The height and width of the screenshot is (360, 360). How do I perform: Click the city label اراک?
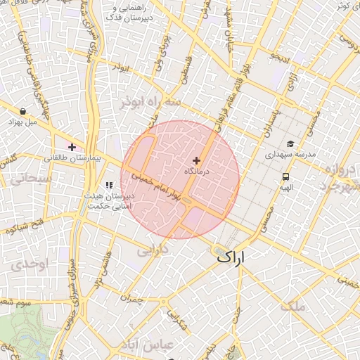232,257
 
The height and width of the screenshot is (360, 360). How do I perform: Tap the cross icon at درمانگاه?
196,160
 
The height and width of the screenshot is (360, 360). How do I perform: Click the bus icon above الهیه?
286,176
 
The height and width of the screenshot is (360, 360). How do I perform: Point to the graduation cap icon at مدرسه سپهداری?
290,143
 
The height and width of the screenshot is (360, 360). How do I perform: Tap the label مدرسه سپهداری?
290,153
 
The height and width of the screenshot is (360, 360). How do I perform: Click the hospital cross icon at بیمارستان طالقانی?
72,147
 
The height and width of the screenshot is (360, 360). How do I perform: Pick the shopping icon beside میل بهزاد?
23,111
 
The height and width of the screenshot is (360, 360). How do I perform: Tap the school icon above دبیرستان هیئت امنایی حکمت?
108,185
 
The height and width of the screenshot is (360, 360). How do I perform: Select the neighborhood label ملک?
292,306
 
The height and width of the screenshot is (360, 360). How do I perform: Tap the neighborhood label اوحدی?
27,264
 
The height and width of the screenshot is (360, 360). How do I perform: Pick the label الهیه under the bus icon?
285,187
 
